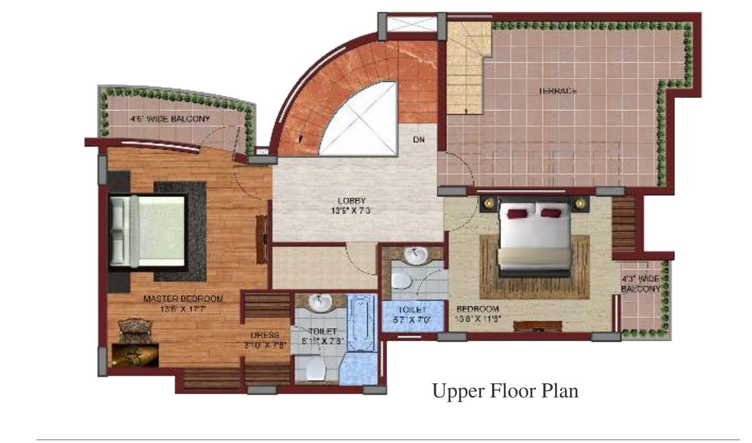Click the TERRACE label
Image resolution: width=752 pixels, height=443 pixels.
pyautogui.click(x=558, y=91)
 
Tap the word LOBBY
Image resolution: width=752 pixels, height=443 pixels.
pyautogui.click(x=351, y=200)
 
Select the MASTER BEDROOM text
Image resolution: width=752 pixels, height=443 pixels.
pyautogui.click(x=182, y=299)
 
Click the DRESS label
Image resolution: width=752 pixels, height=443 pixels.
pyautogui.click(x=266, y=335)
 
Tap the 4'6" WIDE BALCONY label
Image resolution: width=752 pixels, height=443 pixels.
pyautogui.click(x=170, y=119)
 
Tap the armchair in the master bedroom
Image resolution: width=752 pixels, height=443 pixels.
pyautogui.click(x=135, y=328)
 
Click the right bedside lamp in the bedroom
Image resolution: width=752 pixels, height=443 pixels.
pyautogui.click(x=580, y=203)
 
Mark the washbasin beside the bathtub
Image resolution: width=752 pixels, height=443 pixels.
pyautogui.click(x=320, y=303)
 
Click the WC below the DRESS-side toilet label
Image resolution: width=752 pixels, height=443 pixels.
pyautogui.click(x=316, y=370)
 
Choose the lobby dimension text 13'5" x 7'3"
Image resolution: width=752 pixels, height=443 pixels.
pyautogui.click(x=351, y=210)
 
